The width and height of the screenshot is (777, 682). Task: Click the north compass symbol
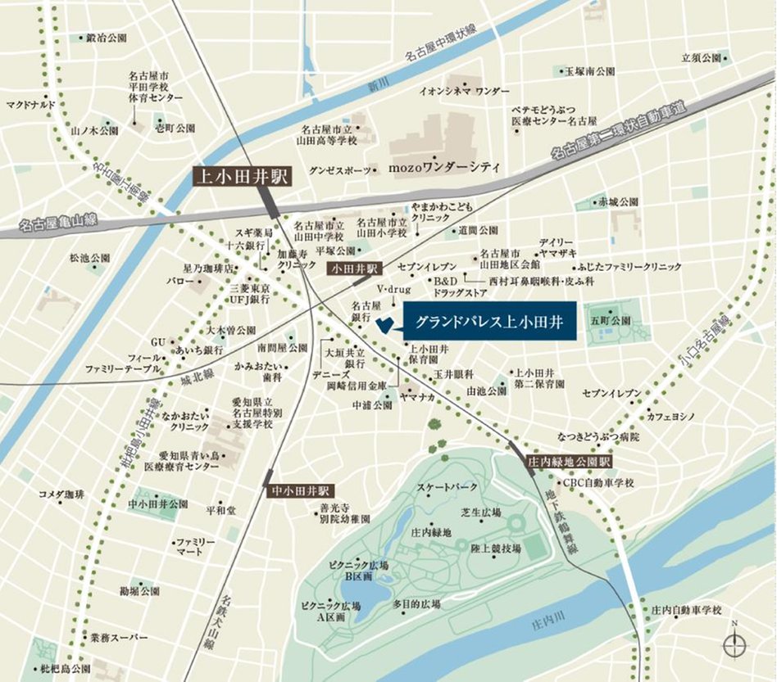click(x=734, y=645)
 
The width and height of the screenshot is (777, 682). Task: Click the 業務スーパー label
click(x=119, y=636)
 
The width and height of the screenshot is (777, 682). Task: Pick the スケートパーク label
click(x=447, y=488)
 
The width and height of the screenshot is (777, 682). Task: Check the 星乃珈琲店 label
click(x=208, y=268)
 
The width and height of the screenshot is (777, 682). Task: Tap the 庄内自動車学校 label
click(x=687, y=610)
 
